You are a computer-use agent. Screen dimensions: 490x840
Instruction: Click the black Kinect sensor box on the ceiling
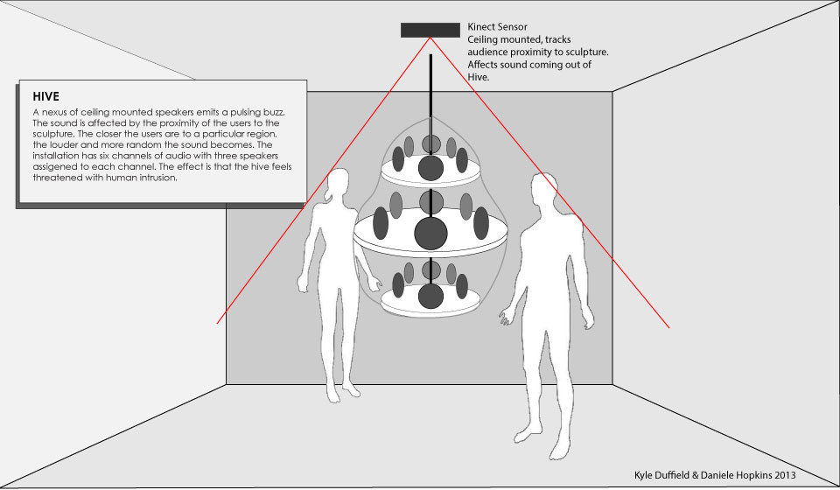pyautogui.click(x=430, y=30)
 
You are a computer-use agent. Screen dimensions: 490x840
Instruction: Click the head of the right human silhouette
pyautogui.click(x=544, y=188)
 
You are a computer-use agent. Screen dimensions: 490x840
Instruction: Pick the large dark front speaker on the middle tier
pyautogui.click(x=430, y=234)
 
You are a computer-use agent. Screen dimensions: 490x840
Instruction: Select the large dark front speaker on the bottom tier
pyautogui.click(x=430, y=296)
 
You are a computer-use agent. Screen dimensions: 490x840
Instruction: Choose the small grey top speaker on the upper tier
pyautogui.click(x=430, y=143)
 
